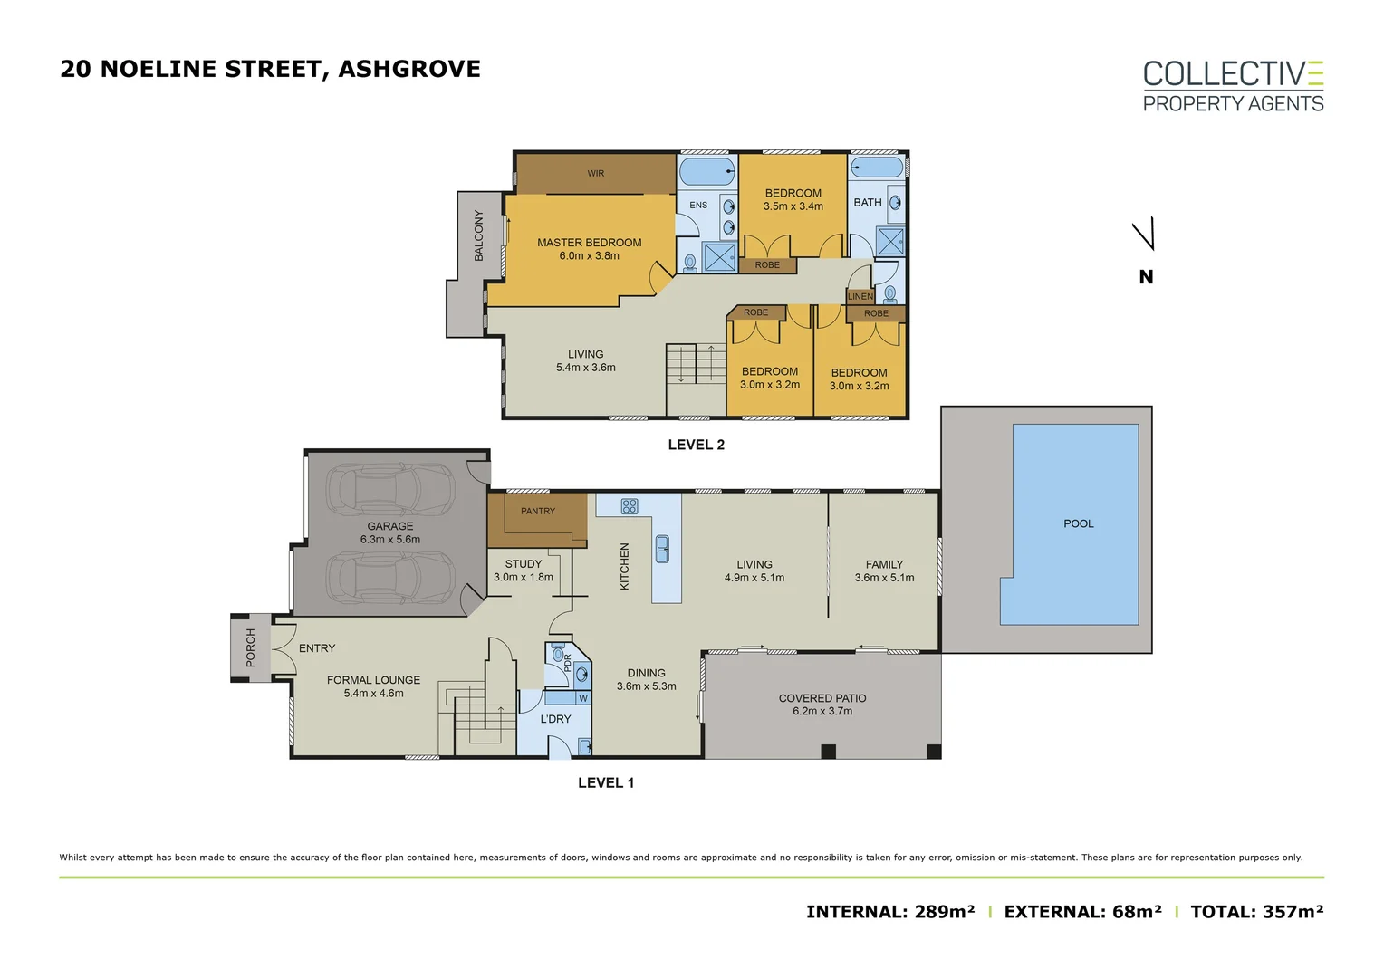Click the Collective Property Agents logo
coord(1233,87)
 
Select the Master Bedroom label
coord(589,242)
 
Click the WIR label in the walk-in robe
coord(596,174)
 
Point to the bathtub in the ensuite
coord(707,171)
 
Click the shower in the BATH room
coord(890,241)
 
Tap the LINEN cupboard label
coord(860,296)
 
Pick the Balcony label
coord(479,235)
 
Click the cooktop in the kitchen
coord(629,506)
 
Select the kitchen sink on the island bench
coord(662,550)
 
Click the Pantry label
coord(537,511)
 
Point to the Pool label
coord(1078,523)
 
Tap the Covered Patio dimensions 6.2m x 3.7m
coord(822,711)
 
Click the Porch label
coord(250,647)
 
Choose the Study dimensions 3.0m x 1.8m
coord(523,577)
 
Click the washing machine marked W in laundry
coord(582,699)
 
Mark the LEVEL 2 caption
coord(696,445)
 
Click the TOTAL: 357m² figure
coord(1256,912)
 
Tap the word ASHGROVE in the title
coord(409,69)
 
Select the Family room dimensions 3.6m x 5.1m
coord(884,578)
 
